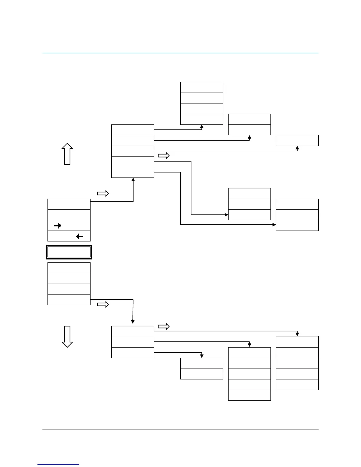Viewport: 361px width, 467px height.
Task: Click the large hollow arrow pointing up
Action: click(x=67, y=154)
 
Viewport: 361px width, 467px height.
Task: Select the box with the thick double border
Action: click(x=69, y=252)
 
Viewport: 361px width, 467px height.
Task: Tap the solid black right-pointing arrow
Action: click(x=58, y=226)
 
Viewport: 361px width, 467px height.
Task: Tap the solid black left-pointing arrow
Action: click(x=80, y=236)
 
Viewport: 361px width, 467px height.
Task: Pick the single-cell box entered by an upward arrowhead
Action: click(x=297, y=140)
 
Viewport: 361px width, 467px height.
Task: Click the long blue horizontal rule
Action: click(x=180, y=53)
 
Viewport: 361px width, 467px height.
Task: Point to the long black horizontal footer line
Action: click(x=180, y=430)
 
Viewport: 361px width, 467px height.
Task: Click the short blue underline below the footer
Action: click(x=58, y=465)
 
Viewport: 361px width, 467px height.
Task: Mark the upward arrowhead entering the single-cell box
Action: click(x=297, y=148)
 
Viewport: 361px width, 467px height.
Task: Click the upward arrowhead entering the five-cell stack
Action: click(x=133, y=180)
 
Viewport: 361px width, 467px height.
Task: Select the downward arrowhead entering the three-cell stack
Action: click(x=133, y=322)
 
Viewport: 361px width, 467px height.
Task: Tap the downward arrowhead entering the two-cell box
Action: click(x=202, y=356)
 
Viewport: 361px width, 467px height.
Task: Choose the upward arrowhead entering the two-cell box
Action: click(x=250, y=137)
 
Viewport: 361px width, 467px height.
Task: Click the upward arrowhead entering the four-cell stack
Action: click(x=202, y=126)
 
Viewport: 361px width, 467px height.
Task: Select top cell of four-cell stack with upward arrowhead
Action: click(x=201, y=88)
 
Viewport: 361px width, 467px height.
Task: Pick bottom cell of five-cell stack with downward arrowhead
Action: click(x=249, y=395)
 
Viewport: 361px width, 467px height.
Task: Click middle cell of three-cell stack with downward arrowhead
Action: click(x=133, y=342)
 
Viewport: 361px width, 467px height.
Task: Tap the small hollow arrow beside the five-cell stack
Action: click(x=164, y=156)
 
